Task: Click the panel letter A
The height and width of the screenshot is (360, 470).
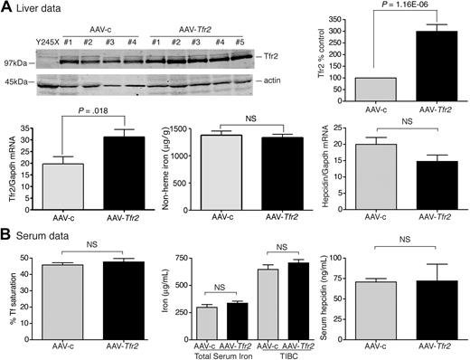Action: [6, 8]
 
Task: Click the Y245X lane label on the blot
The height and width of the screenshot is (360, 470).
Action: [48, 41]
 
